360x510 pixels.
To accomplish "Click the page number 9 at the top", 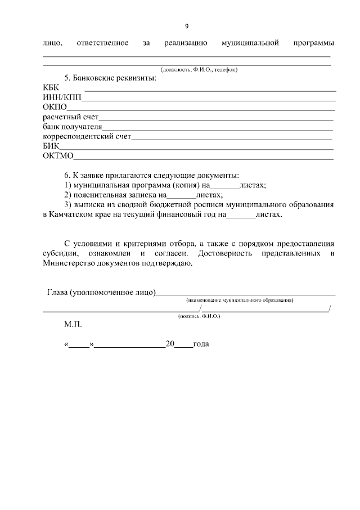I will pos(187,26).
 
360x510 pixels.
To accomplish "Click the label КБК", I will pos(51,87).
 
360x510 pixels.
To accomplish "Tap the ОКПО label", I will pos(55,107).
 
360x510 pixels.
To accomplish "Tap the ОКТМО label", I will pos(58,156).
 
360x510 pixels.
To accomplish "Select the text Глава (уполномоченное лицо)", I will pos(101,292).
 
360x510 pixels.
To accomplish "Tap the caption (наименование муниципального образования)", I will pos(240,301).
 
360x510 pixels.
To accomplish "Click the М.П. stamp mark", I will pos(73,325).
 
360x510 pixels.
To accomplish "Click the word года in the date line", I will pos(201,343).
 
